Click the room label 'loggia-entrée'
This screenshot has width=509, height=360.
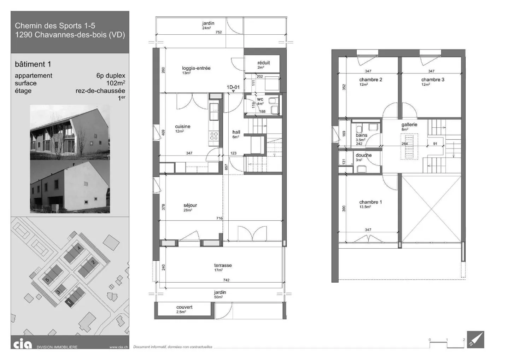(196, 68)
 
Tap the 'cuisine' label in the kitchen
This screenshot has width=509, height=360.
(182, 127)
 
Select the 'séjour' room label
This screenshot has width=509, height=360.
(190, 205)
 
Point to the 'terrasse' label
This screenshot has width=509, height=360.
(223, 266)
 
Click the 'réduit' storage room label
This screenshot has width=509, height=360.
(264, 63)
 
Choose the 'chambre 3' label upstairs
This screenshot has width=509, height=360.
(433, 80)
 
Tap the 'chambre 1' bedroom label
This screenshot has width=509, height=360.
(370, 202)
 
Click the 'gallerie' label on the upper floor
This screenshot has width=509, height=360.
(409, 125)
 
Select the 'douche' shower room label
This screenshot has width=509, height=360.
(363, 155)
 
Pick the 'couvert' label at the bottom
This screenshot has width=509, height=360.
(184, 307)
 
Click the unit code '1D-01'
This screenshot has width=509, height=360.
(233, 87)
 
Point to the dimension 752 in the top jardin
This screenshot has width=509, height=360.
(218, 32)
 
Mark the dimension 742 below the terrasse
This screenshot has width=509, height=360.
(226, 280)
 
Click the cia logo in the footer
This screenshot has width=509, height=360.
(23, 344)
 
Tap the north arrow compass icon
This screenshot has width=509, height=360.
(475, 340)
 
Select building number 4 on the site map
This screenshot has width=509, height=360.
(79, 248)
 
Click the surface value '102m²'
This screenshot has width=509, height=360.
(116, 83)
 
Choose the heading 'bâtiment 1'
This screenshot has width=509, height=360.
(33, 64)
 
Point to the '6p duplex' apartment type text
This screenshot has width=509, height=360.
(111, 76)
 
